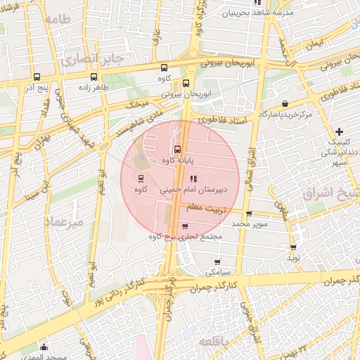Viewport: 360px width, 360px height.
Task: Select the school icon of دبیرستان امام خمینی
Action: coord(193,177)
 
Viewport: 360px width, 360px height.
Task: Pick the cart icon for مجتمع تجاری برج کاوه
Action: coord(185,226)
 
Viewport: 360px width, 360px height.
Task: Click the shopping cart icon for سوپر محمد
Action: coord(249,213)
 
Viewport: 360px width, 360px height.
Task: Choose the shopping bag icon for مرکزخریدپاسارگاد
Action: coord(283,103)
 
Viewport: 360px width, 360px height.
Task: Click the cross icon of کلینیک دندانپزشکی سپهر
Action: coord(339,131)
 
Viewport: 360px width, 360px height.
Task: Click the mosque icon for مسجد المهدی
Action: coord(44,347)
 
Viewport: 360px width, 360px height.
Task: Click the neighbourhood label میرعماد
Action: coord(64,221)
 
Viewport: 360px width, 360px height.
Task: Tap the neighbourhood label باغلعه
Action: coord(213,341)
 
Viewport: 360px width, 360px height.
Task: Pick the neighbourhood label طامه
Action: coord(60,19)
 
